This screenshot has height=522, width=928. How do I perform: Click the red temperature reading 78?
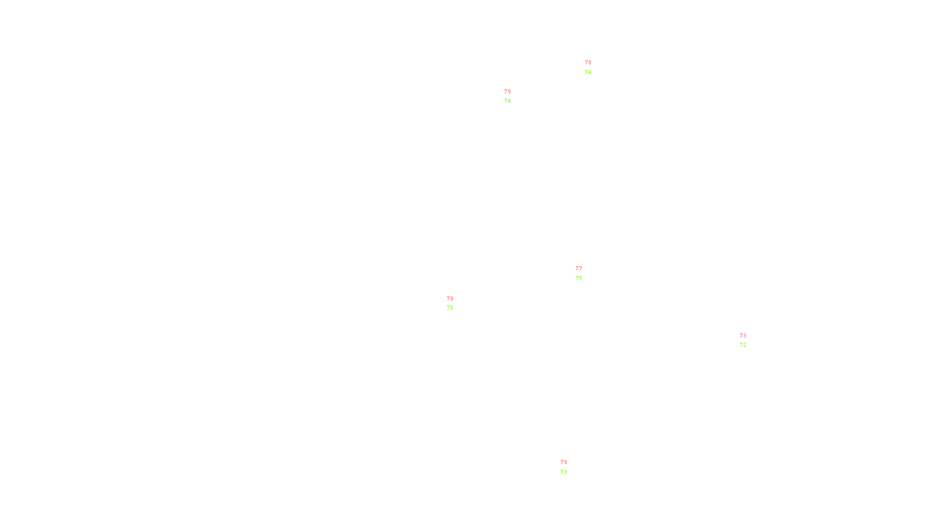tap(588, 63)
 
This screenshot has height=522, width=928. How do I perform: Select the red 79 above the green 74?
tap(507, 92)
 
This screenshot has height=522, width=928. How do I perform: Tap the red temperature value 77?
tap(579, 269)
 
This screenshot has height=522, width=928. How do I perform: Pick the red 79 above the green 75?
tap(450, 299)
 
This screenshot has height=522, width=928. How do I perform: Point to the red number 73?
tap(743, 336)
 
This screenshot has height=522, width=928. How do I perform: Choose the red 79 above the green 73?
tap(564, 462)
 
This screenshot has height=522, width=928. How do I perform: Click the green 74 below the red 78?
tap(588, 72)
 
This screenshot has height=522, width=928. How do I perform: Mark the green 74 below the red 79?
tap(507, 101)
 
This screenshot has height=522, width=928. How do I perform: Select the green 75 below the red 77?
tap(579, 278)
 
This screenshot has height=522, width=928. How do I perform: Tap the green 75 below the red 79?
tap(450, 308)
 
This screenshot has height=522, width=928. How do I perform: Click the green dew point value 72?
tap(743, 345)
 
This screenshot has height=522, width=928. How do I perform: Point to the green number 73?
tap(564, 472)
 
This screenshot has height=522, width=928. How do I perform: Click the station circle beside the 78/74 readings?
tap(593, 68)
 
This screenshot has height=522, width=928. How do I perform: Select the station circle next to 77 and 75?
tap(585, 273)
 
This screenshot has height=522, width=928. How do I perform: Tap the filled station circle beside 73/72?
tap(748, 340)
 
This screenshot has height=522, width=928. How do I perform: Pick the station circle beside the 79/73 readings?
tap(569, 467)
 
